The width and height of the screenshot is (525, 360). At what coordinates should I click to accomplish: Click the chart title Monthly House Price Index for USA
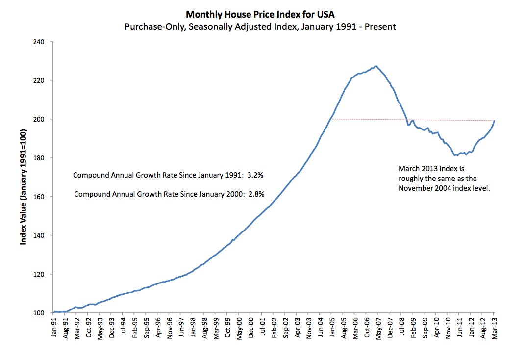[260, 15]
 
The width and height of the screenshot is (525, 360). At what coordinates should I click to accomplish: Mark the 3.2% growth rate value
[257, 175]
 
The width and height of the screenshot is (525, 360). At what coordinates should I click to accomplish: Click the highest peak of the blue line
[375, 66]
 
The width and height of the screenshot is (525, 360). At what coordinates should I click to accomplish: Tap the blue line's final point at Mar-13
[494, 121]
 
